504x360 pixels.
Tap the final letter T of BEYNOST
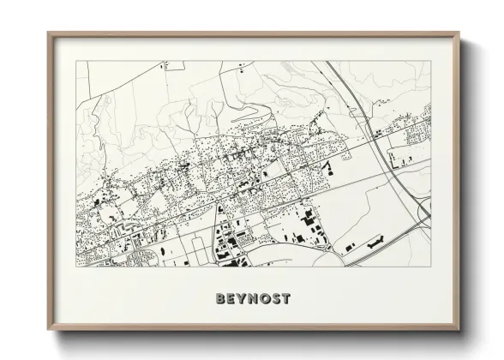pos(286,299)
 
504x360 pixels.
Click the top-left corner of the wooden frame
pos(49,33)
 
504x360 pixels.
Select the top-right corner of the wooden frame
pos(459,33)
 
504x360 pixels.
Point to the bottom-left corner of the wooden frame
pos(49,331)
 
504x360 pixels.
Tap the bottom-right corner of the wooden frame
pos(459,331)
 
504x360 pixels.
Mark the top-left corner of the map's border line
pos(76,62)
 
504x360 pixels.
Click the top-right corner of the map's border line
pos(430,62)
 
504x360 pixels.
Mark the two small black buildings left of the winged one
pos(350,247)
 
